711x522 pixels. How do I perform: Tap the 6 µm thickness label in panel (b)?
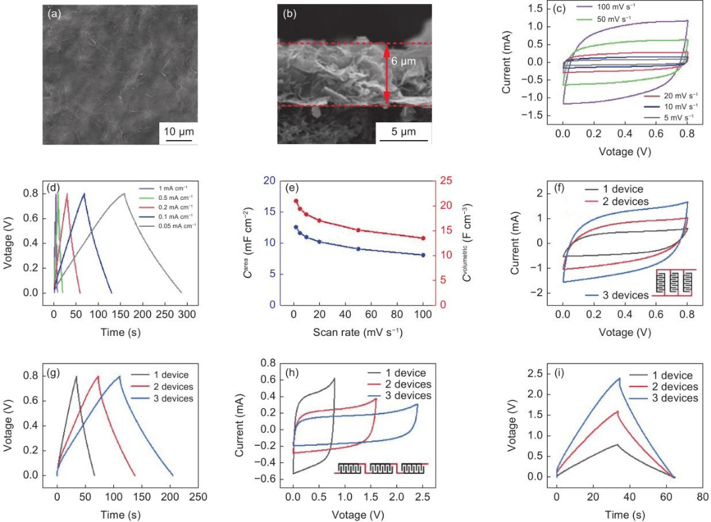404,61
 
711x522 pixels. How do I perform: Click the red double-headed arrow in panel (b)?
386,74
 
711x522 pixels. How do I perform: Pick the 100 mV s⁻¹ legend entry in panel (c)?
606,7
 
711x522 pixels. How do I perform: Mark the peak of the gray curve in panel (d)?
124,193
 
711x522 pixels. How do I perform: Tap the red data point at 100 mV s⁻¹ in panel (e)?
423,238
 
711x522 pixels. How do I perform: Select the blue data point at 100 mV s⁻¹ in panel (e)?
423,255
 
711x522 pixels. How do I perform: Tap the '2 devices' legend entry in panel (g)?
167,385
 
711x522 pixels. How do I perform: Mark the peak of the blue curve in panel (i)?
619,377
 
